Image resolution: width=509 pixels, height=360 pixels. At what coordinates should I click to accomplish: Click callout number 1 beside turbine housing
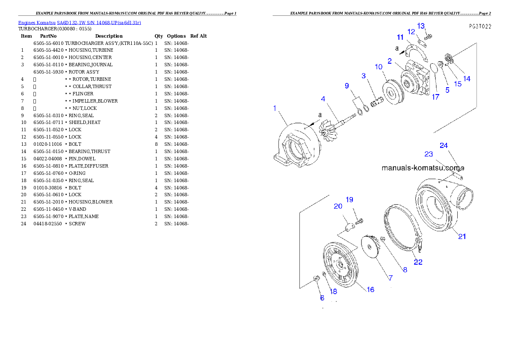(275, 109)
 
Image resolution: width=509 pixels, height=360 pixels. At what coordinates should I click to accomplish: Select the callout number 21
(462, 236)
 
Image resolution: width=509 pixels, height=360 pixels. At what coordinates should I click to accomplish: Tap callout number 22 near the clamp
(418, 262)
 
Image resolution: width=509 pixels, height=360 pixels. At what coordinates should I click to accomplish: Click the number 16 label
(370, 289)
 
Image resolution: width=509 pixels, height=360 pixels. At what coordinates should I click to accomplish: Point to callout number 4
(323, 99)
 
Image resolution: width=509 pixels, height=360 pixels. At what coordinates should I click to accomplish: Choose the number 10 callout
(379, 67)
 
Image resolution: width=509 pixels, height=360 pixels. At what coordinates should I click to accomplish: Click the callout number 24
(444, 145)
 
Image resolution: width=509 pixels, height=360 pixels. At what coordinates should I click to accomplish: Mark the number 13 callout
(421, 26)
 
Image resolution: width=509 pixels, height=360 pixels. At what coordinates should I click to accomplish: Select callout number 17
(435, 97)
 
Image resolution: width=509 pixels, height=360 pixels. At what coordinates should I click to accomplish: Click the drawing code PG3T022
(479, 26)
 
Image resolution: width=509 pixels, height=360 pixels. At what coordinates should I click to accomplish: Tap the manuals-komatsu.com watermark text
(420, 168)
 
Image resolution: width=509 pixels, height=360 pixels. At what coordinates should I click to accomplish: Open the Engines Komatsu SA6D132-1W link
(80, 22)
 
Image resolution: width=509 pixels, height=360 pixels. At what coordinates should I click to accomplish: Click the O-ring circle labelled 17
(434, 69)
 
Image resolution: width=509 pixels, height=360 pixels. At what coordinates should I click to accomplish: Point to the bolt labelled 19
(360, 221)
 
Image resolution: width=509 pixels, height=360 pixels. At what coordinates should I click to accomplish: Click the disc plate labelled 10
(391, 91)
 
